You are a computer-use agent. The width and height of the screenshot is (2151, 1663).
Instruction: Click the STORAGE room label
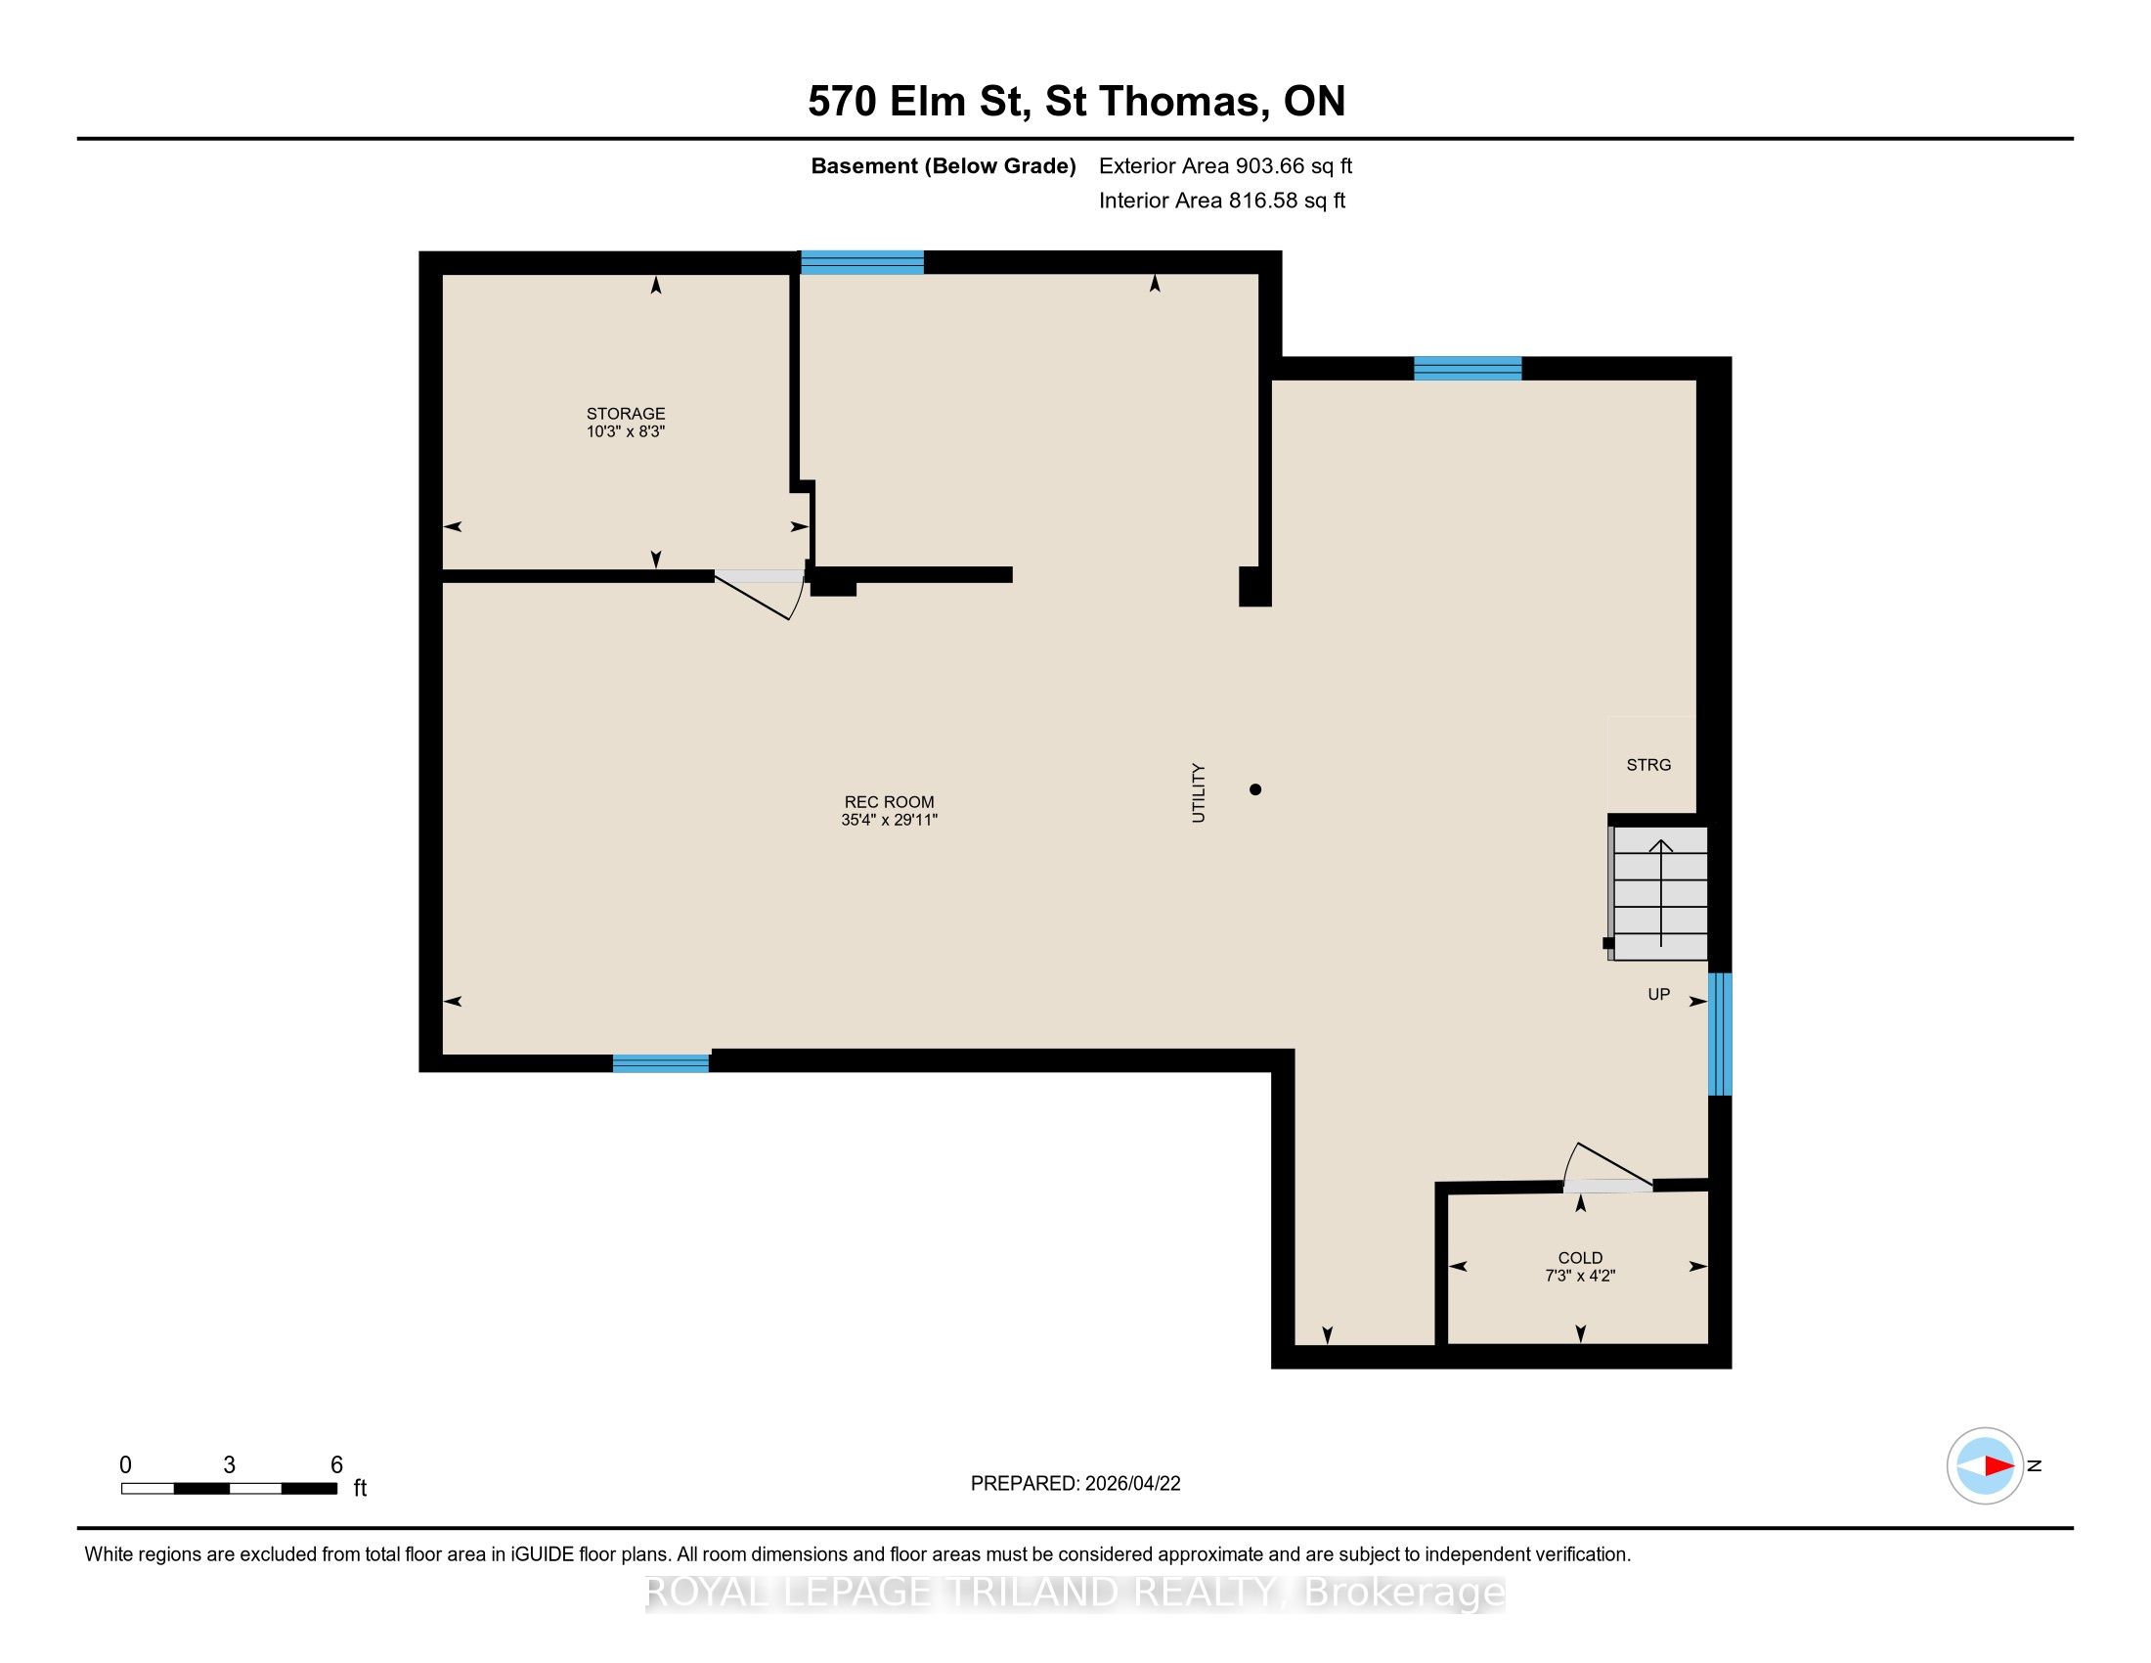[x=626, y=414]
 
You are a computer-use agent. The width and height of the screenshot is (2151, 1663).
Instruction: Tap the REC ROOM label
[x=890, y=802]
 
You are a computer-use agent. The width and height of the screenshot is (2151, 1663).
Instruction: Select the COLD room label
[x=1580, y=1258]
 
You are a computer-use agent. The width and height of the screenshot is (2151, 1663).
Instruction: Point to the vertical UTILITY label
[x=1199, y=792]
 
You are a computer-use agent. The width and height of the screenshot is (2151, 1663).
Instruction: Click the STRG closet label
[x=1648, y=765]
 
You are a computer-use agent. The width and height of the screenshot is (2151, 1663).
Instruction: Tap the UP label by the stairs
[x=1658, y=994]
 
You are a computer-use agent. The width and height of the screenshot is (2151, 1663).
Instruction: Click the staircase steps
[x=1659, y=892]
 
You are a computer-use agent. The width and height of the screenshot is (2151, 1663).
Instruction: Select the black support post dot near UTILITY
[x=1254, y=789]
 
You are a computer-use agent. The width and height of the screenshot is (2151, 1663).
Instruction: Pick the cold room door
[x=1607, y=1168]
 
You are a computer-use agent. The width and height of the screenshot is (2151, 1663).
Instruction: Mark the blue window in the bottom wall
[x=661, y=1063]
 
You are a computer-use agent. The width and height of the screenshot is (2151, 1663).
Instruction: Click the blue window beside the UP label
[x=1720, y=1034]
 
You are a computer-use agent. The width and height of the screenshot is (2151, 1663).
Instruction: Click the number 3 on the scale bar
[x=230, y=1465]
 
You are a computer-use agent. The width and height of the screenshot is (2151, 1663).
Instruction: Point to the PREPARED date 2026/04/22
[x=1132, y=1484]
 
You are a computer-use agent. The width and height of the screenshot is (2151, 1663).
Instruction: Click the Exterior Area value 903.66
[x=1266, y=165]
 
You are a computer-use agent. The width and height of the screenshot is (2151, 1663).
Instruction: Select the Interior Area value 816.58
[x=1258, y=200]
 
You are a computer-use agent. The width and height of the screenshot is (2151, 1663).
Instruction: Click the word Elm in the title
[x=927, y=102]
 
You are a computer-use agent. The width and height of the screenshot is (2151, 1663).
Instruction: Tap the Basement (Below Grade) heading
[x=943, y=165]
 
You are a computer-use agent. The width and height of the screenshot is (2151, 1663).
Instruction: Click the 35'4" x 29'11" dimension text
[x=890, y=820]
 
